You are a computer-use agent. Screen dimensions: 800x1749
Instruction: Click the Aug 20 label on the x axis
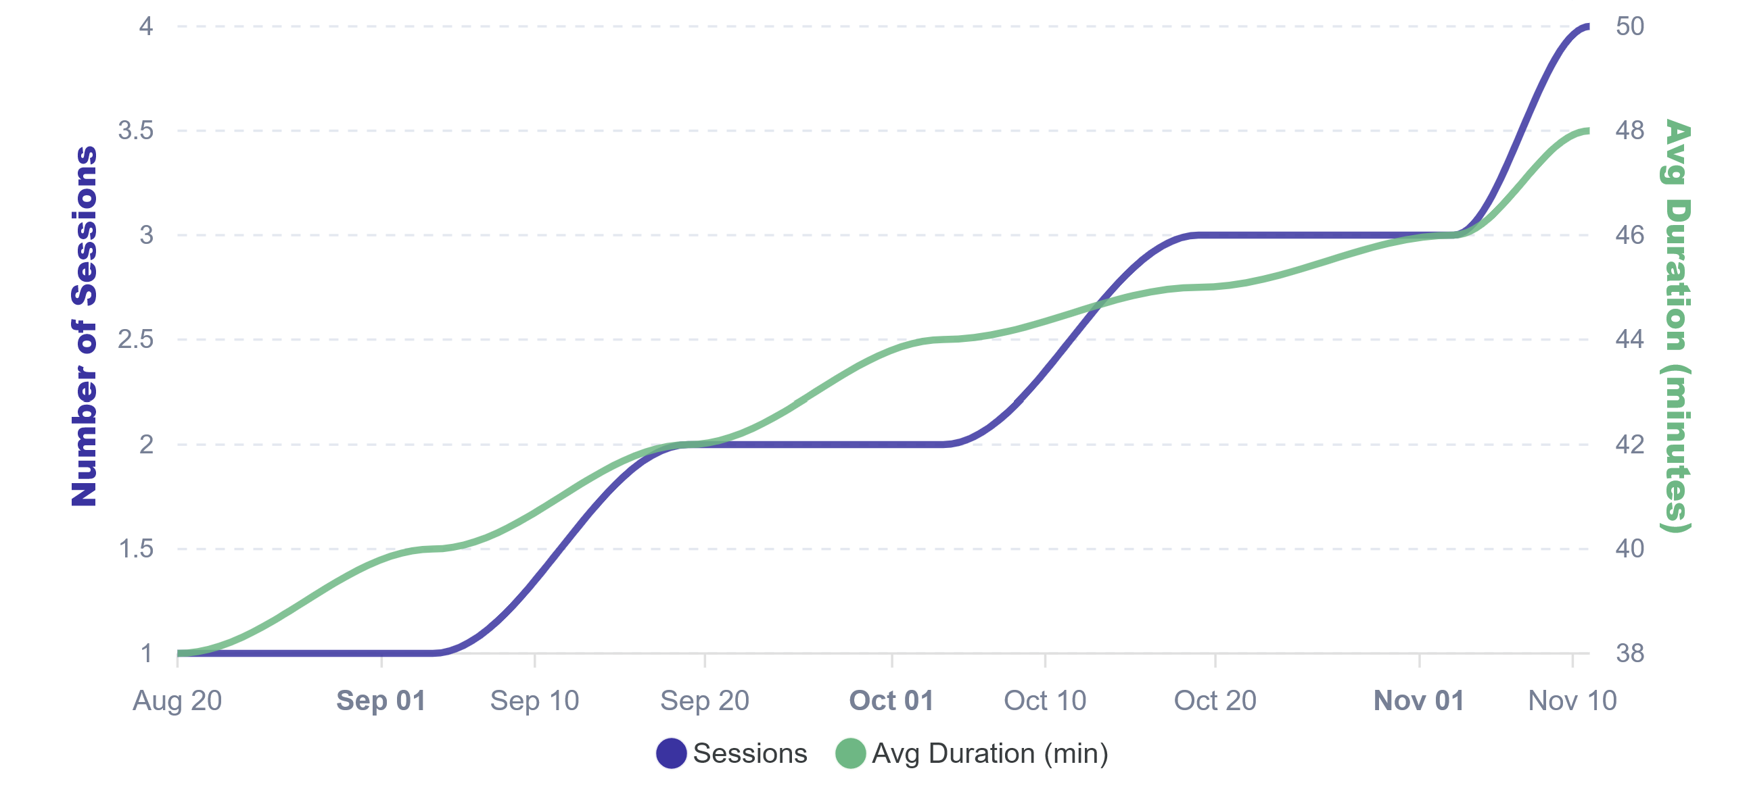(x=177, y=700)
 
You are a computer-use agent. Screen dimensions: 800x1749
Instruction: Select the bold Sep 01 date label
(x=381, y=700)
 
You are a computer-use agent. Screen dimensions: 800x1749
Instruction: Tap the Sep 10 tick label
(x=534, y=700)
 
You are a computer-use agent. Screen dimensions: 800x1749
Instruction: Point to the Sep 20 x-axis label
(x=704, y=700)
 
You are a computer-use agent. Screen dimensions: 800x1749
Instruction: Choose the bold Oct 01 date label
(x=891, y=700)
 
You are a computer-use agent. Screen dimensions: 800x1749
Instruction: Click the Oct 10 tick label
(x=1045, y=700)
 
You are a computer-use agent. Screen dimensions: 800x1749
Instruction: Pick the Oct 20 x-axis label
(x=1215, y=700)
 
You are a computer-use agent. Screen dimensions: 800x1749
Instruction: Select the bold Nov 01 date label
(x=1419, y=700)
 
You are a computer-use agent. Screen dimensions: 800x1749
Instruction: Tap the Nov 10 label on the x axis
(x=1572, y=700)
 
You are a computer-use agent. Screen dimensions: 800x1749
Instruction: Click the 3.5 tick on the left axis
(x=136, y=130)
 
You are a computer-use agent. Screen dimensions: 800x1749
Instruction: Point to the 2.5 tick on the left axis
(x=136, y=339)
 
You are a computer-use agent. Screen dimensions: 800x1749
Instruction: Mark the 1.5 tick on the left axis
(x=136, y=548)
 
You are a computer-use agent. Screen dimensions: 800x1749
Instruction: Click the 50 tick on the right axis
(x=1629, y=26)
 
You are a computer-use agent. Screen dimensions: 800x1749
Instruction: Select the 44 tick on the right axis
(x=1629, y=339)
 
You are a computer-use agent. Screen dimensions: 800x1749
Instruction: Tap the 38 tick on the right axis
(x=1629, y=653)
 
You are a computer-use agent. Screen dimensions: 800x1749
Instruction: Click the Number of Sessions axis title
(x=84, y=326)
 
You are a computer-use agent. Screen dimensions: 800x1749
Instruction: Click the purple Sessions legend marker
(x=671, y=753)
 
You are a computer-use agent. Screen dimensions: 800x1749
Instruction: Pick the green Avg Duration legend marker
(x=850, y=753)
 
